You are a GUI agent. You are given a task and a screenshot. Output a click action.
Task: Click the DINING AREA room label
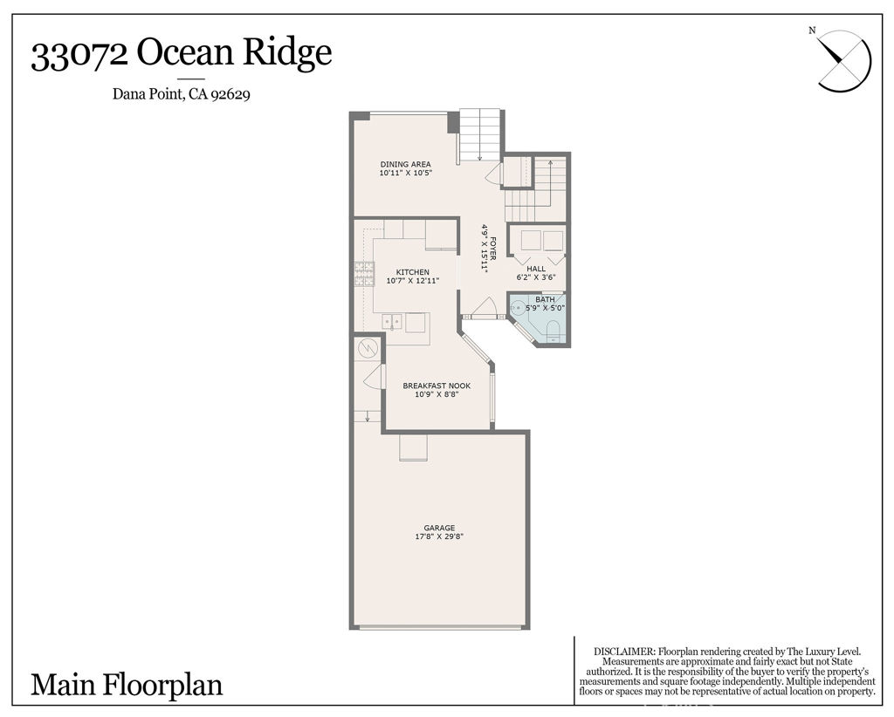coord(405,164)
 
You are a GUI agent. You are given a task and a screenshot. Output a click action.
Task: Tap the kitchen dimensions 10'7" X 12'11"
coord(412,281)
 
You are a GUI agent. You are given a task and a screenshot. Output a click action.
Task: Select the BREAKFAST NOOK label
coord(436,386)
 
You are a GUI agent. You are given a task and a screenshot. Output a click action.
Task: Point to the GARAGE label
coord(439,528)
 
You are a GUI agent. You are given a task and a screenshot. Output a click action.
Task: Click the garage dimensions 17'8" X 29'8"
coord(439,537)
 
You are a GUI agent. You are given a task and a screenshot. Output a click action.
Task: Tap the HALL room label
coord(535,269)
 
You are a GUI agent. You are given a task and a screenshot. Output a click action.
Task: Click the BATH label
coord(545,299)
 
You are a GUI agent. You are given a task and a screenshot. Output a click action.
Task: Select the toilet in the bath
coord(553,328)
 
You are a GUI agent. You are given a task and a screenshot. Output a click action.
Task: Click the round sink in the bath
coord(518,307)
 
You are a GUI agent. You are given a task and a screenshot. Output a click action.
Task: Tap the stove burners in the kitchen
coord(363,274)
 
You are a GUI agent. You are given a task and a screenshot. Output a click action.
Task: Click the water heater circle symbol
coord(367,350)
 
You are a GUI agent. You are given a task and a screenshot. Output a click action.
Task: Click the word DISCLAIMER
coord(623,652)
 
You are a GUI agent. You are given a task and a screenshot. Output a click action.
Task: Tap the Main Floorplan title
coord(127,685)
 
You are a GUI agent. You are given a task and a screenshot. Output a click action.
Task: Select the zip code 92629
coord(230,96)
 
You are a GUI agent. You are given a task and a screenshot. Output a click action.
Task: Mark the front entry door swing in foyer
coord(483,307)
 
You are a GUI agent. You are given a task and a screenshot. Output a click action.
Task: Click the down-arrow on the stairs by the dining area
coord(479,154)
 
